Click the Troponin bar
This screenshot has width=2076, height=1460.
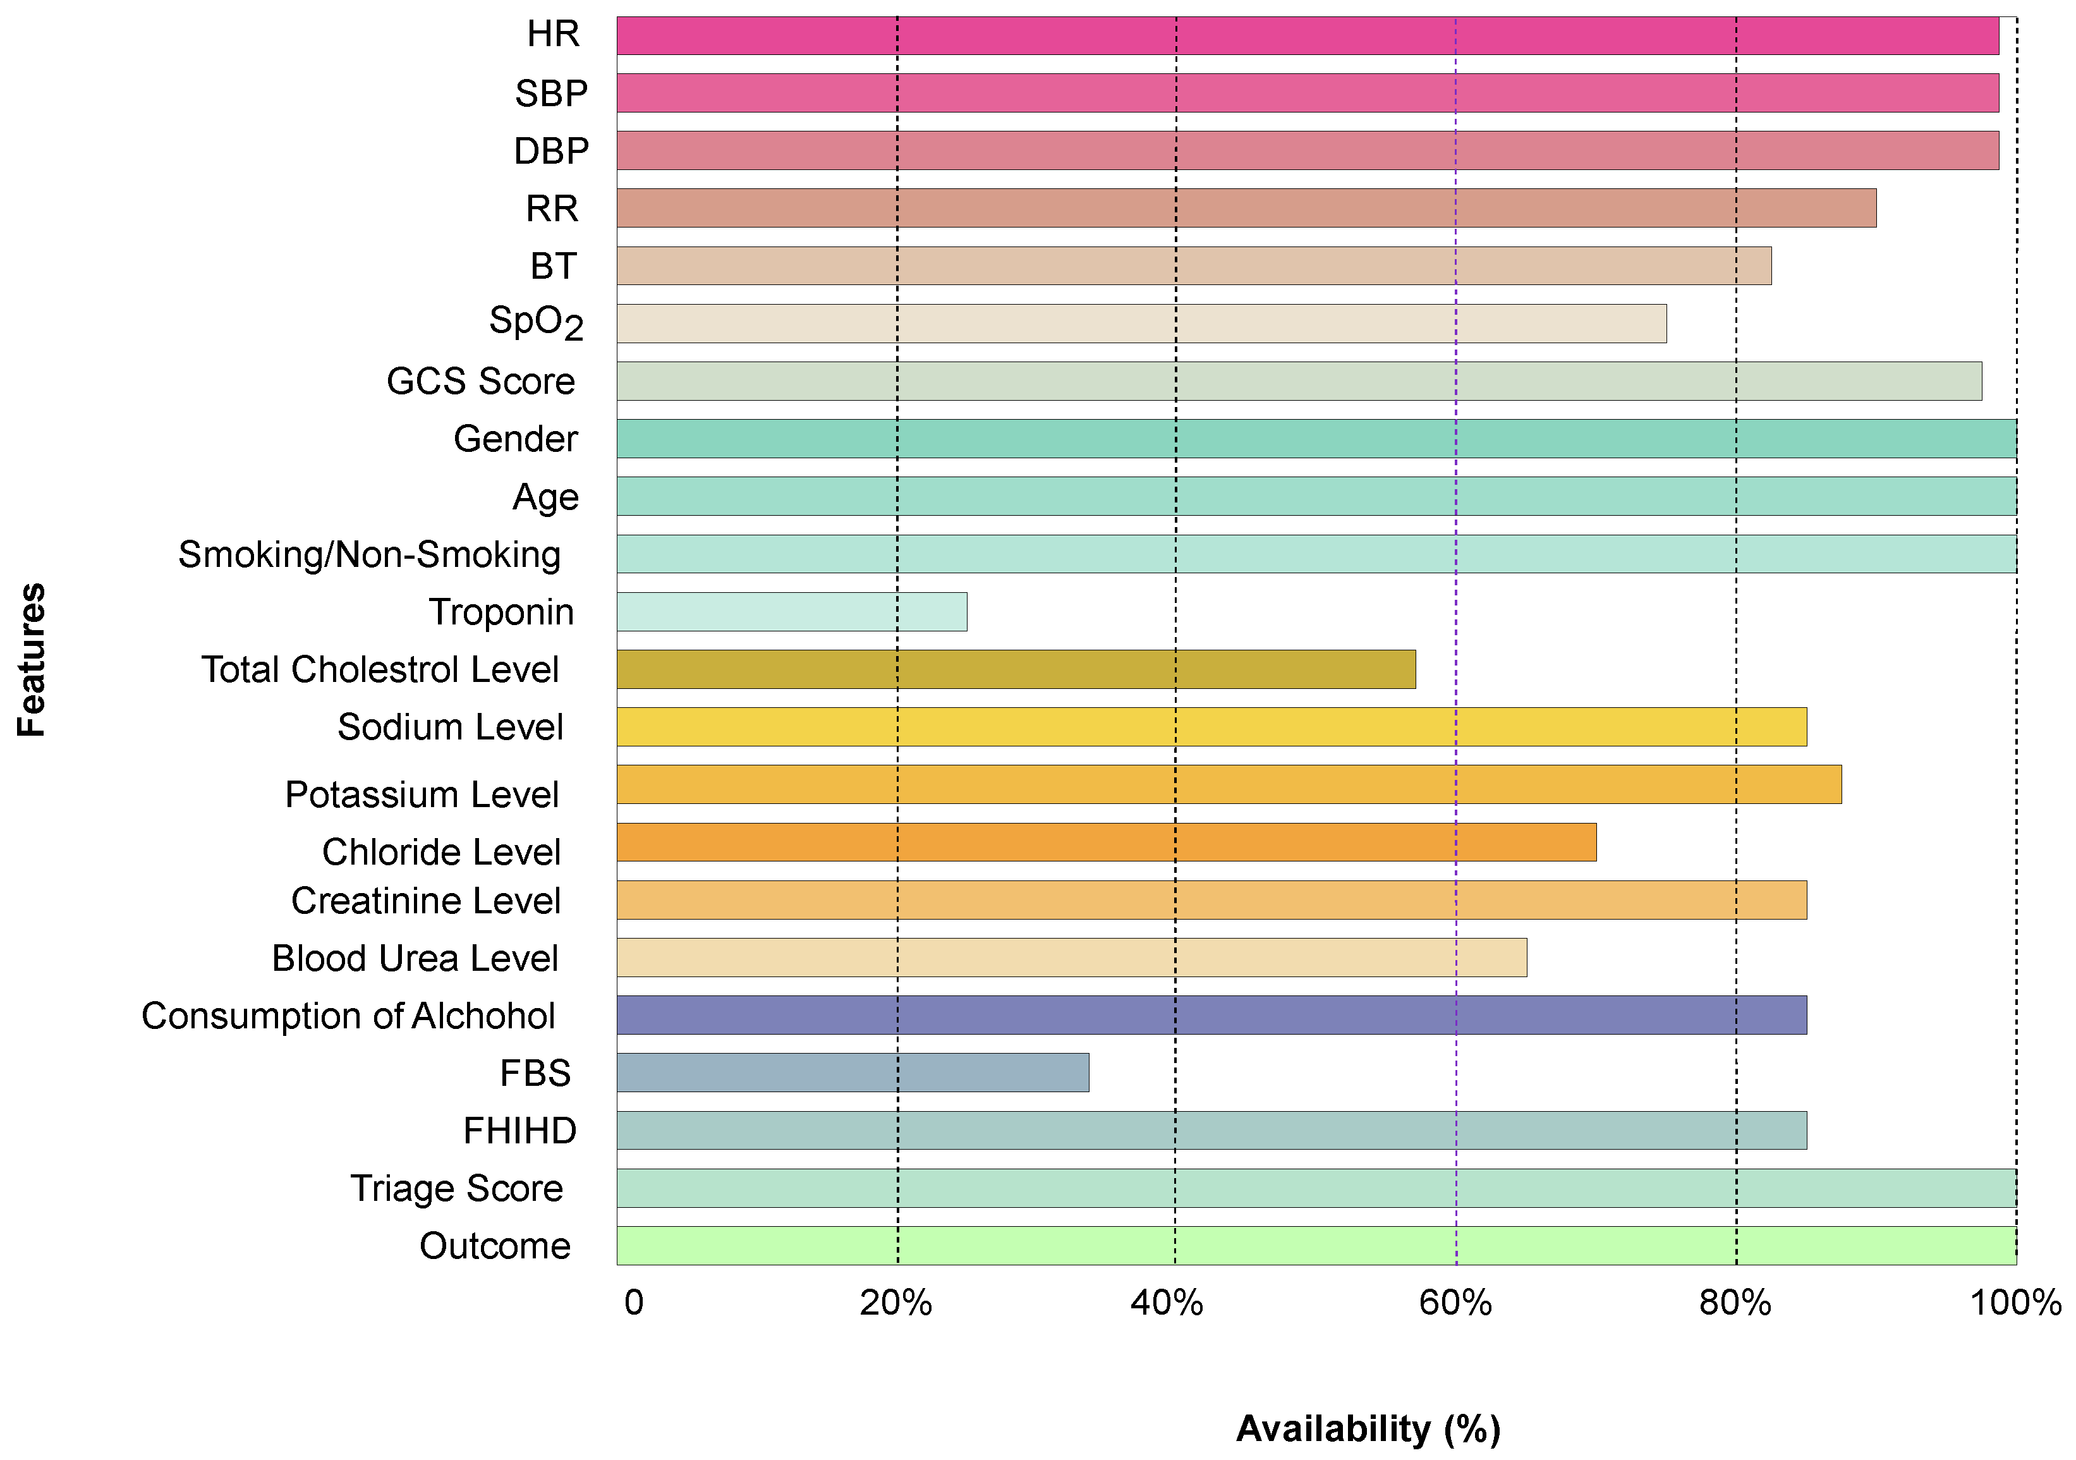(791, 612)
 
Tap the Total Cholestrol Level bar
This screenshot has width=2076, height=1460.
(1016, 670)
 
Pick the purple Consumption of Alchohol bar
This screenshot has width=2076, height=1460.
(1211, 1015)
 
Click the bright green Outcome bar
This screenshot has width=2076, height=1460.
(1316, 1246)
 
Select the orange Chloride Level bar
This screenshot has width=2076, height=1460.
(1106, 843)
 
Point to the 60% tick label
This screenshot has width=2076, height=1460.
(1455, 1303)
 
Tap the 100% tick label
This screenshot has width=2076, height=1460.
(2015, 1303)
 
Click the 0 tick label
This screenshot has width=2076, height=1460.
(634, 1303)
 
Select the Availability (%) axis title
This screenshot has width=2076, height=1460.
(1368, 1429)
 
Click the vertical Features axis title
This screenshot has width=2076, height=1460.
(32, 660)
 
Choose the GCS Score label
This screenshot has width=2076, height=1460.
(480, 382)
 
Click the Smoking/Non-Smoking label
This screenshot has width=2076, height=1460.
(369, 554)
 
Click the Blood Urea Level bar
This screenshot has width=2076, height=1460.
(1071, 958)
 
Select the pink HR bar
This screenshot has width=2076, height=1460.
(1308, 35)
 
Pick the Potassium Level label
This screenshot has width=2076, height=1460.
(422, 794)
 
